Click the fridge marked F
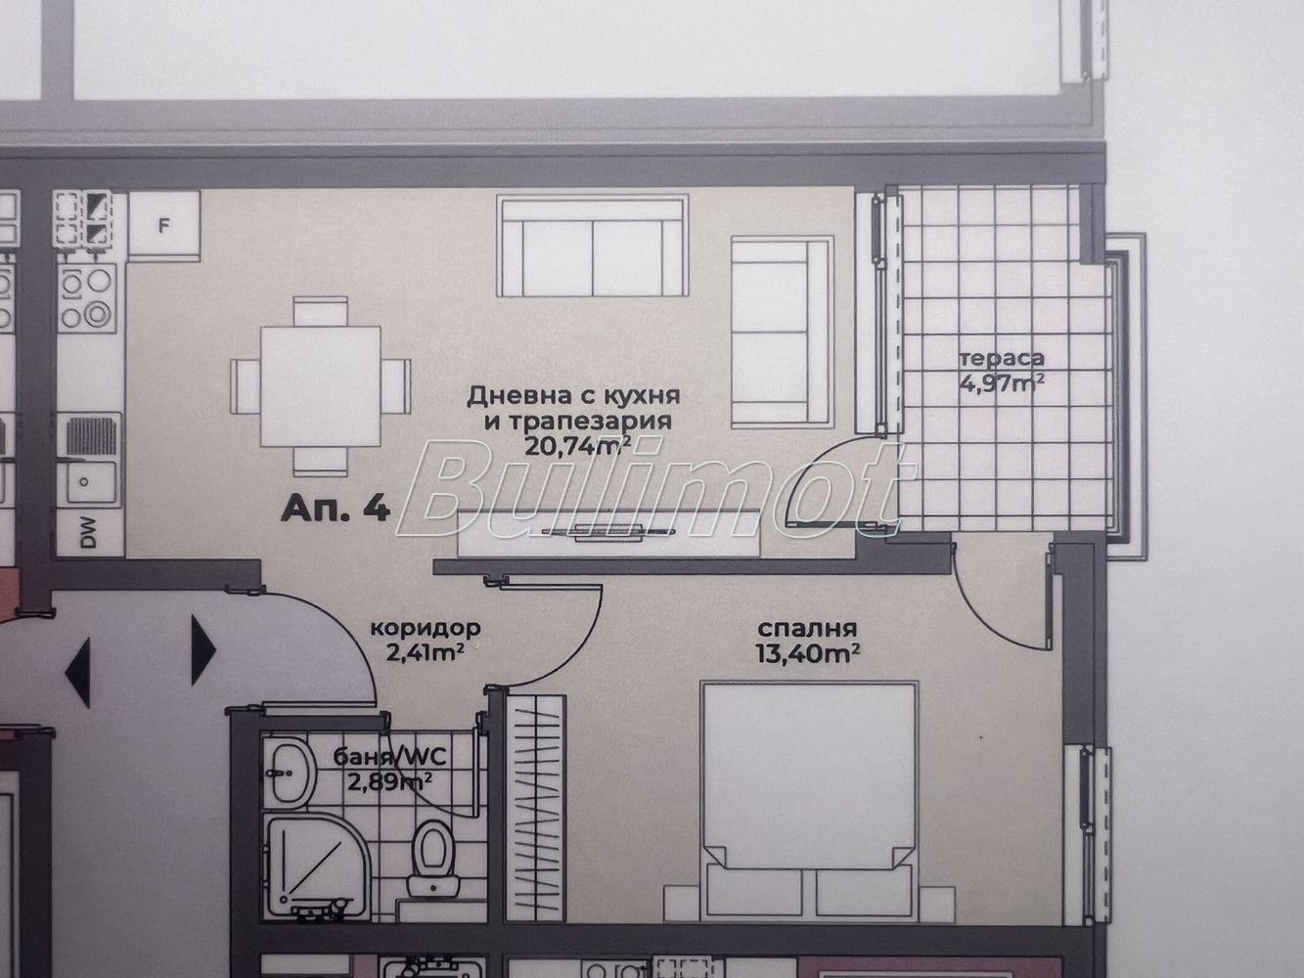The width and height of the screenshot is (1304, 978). [164, 226]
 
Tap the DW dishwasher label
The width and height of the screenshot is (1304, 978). [88, 532]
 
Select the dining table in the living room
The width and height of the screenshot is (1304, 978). [321, 386]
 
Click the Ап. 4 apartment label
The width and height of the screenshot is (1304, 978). [336, 509]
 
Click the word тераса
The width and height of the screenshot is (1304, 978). [1002, 359]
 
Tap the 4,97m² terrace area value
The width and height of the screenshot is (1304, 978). [1002, 383]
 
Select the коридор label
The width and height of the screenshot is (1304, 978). [425, 628]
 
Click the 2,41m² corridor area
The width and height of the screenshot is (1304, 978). [425, 653]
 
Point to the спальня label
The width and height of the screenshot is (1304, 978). [807, 629]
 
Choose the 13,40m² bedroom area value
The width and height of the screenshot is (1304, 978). [808, 653]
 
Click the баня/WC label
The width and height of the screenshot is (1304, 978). [389, 757]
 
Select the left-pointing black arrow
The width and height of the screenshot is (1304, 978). [78, 673]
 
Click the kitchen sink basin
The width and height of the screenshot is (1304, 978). [92, 483]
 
